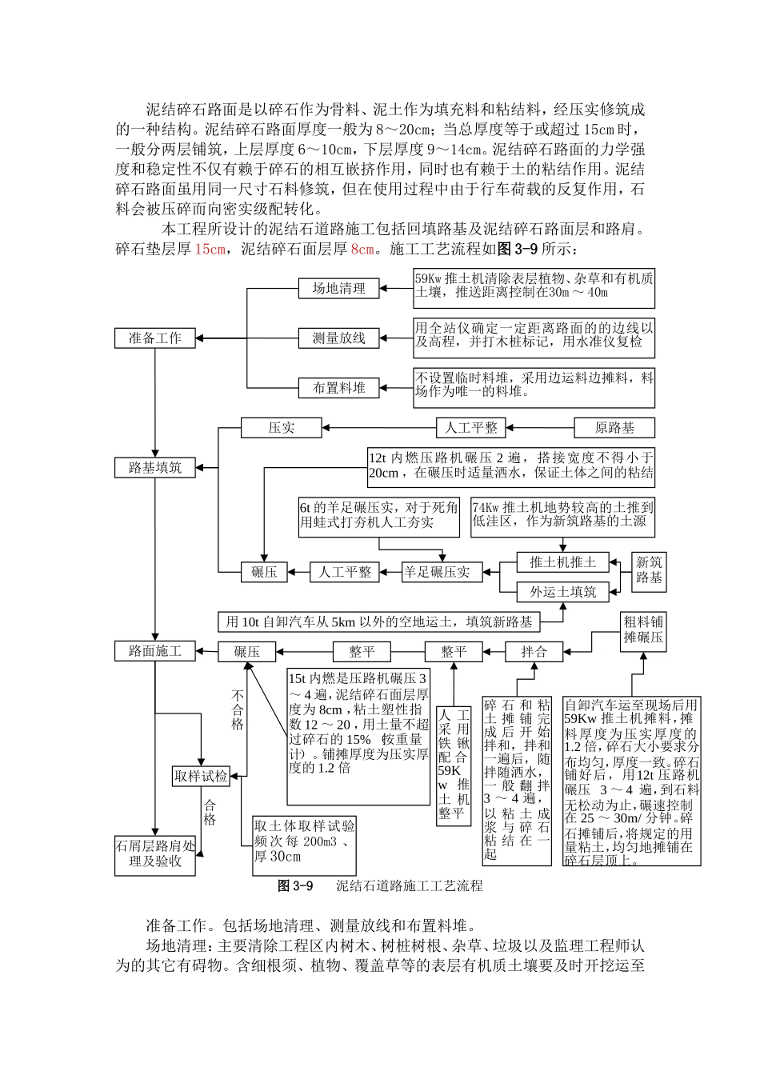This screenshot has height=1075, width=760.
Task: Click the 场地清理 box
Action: pos(338,289)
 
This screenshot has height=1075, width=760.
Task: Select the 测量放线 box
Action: pos(338,338)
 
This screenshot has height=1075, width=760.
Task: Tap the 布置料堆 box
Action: pos(338,388)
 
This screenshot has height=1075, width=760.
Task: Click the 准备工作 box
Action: pos(154,338)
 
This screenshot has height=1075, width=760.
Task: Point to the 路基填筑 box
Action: pos(154,468)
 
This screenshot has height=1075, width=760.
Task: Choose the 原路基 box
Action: pos(614,428)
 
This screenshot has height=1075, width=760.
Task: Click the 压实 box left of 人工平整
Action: pos(281,428)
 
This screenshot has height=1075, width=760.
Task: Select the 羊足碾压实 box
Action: pos(436,572)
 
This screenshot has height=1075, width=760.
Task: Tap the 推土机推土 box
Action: pos(562,562)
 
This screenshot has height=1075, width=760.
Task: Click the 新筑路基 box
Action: pos(649,570)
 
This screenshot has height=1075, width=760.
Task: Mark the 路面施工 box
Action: pos(154,652)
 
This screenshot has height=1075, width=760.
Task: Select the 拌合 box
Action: pos(534,652)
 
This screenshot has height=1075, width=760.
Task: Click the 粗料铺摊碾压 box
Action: pos(644,630)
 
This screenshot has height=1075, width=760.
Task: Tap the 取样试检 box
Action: pos(201,776)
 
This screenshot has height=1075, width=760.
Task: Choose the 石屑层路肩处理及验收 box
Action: pos(155,853)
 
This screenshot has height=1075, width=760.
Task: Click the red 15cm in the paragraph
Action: pos(210,250)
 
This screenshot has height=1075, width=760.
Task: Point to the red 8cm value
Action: pos(362,250)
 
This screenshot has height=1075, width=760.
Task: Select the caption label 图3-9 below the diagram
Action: pos(294,886)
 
